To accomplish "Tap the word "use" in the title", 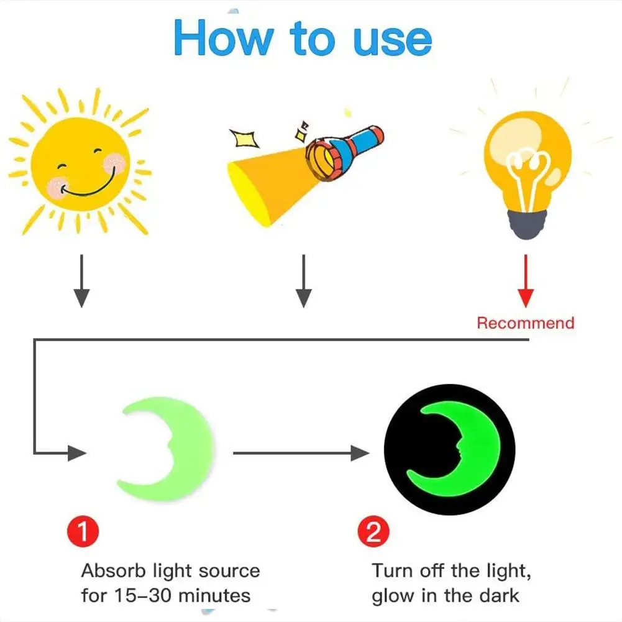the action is [392, 40].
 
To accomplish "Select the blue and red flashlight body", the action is [354, 145].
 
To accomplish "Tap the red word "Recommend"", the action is [525, 323].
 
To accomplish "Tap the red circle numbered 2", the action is [373, 533].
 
